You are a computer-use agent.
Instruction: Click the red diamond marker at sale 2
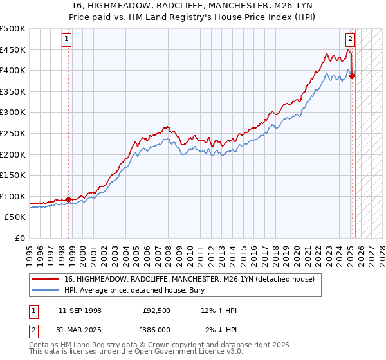point(353,76)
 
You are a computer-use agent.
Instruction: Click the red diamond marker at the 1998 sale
point(69,199)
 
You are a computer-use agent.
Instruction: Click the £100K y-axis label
point(14,196)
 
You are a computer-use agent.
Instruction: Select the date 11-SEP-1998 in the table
point(80,310)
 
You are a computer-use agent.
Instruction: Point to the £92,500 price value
point(157,310)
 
